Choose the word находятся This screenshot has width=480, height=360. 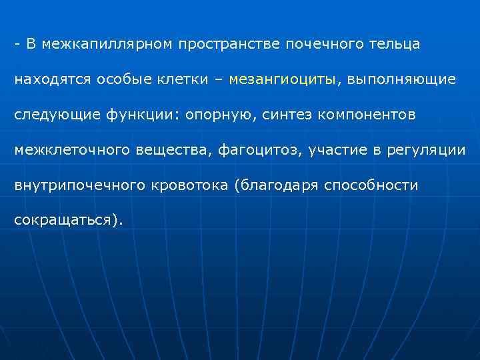pos(51,80)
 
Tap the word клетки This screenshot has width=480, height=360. pos(181,80)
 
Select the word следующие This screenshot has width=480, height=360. pos(57,115)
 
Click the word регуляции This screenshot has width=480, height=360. pos(432,150)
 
